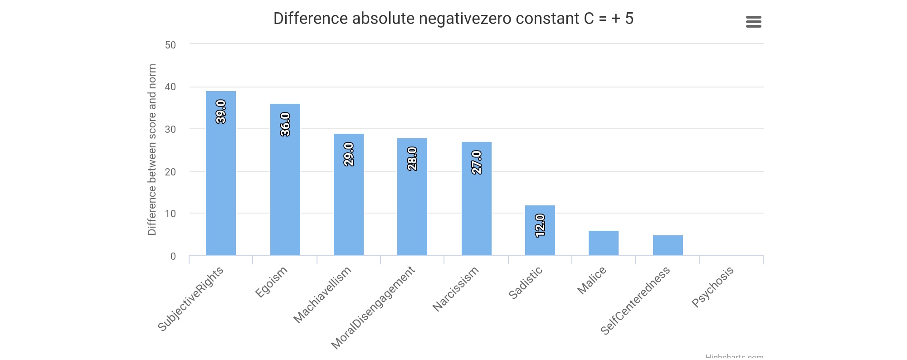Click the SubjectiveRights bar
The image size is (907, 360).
point(220,181)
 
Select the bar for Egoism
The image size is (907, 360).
point(285,190)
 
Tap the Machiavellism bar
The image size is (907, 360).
point(348,204)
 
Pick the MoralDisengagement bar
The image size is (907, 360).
point(412,209)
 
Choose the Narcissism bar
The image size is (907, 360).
point(476,209)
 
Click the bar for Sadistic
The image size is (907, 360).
point(540,240)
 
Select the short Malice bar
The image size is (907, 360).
point(603,243)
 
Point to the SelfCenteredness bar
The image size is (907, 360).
point(668,245)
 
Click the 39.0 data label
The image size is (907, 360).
point(221,112)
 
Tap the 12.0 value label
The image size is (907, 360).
point(540,225)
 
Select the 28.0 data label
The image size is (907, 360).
point(412,159)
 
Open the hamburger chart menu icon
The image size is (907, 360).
point(753,22)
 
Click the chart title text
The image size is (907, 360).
point(453,19)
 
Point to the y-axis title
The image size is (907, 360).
point(152,150)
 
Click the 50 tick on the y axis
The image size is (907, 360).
point(171,45)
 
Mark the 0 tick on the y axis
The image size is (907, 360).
point(173,257)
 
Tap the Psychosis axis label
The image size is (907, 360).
point(712,287)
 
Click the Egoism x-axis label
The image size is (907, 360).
point(271,282)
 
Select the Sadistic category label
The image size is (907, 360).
point(525,283)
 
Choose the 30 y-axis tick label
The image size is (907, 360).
point(171,129)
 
